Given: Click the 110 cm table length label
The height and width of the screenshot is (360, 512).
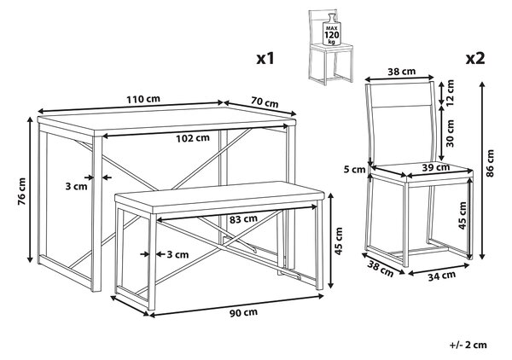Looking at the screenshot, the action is pos(143,99).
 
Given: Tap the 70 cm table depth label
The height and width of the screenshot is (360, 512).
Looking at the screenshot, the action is pos(265,102).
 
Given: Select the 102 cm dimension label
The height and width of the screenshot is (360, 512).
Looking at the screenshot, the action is pos(193,138).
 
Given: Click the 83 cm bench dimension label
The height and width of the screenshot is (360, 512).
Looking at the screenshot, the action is pos(243,219).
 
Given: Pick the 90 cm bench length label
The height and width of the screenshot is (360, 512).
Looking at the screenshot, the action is pos(243,312).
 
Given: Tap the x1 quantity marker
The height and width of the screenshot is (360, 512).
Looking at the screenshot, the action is pos(265,59).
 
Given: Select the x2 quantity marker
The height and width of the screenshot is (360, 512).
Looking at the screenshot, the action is pos(475,59).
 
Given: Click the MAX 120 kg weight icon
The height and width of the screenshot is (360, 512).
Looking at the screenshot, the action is pos(331,32).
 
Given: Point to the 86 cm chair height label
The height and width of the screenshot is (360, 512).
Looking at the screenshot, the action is pos(490,164).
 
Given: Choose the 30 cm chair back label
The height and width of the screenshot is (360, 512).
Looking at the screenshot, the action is pos(450,133).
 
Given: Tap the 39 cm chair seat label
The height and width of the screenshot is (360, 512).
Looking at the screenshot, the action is pos(436,168).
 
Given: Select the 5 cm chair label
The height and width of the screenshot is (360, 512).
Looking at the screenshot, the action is pos(354,170).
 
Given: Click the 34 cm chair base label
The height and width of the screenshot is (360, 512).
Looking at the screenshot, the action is pos(442,276).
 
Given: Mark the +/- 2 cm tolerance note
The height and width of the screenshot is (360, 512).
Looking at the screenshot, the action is pos(468,345).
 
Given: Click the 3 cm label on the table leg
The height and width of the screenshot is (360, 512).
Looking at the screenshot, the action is pos(77,186).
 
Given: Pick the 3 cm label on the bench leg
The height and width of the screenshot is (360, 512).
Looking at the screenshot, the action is pos(178,254).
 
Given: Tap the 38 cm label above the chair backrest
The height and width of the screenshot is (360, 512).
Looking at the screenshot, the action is pos(402,71).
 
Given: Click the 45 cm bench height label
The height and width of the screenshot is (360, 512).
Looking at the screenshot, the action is pos(340,241).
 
